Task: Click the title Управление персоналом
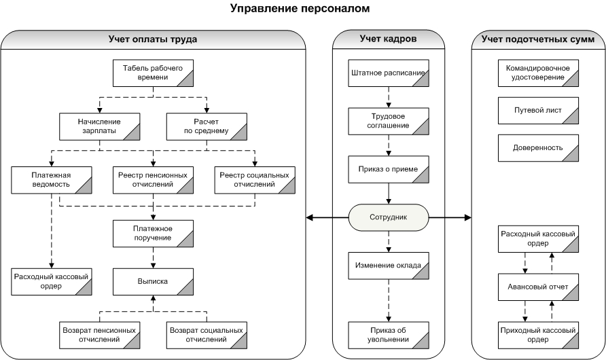click(x=300, y=8)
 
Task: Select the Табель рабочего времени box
click(x=153, y=73)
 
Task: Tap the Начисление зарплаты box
click(x=99, y=127)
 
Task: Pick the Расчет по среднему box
click(x=207, y=127)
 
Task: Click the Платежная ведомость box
click(x=52, y=180)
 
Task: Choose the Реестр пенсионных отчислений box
click(x=153, y=180)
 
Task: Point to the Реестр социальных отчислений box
click(x=255, y=180)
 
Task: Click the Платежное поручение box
click(x=153, y=234)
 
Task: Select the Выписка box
click(x=153, y=282)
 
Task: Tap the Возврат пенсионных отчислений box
click(x=99, y=336)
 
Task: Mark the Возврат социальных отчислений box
click(x=207, y=336)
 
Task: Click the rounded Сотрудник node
click(x=389, y=217)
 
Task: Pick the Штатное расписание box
click(x=389, y=73)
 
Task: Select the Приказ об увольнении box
click(x=389, y=336)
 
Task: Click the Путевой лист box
click(x=538, y=111)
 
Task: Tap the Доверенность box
click(x=538, y=148)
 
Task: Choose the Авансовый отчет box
click(x=538, y=287)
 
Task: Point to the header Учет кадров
click(x=388, y=39)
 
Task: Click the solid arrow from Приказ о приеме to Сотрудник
click(x=389, y=194)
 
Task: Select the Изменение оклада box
click(x=389, y=266)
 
